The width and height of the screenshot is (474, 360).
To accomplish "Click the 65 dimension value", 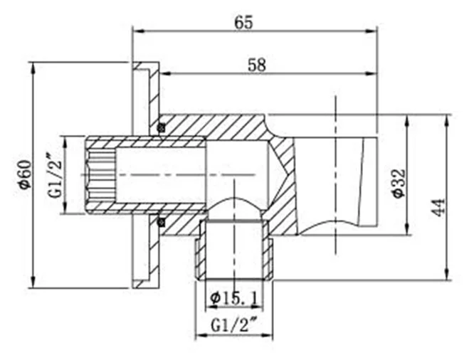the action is point(243,22).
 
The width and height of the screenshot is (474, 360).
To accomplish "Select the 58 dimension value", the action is point(257,65).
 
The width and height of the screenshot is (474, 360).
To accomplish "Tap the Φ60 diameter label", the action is point(25,174).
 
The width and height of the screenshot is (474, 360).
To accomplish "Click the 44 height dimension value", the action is point(438,207).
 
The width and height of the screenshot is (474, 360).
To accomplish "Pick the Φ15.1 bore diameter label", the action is point(234,299).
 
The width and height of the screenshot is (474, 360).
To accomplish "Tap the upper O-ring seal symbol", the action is point(162,127).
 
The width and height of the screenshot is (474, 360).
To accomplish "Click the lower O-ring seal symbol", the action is point(162,222).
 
